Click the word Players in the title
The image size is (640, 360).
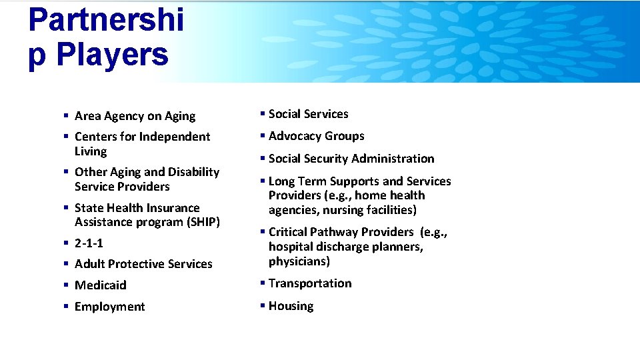click(x=112, y=55)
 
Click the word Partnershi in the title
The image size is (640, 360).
click(x=106, y=20)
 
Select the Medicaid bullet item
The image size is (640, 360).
click(x=100, y=285)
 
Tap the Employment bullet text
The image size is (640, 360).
click(x=109, y=307)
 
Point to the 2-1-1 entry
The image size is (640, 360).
click(x=89, y=243)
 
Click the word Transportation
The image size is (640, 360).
click(x=310, y=283)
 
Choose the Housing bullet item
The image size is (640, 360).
click(x=291, y=306)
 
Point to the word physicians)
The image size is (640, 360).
click(x=299, y=261)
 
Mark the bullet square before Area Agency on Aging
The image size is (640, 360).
click(x=66, y=116)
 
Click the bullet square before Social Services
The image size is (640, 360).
click(x=264, y=114)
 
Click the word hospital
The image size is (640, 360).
click(x=291, y=247)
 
